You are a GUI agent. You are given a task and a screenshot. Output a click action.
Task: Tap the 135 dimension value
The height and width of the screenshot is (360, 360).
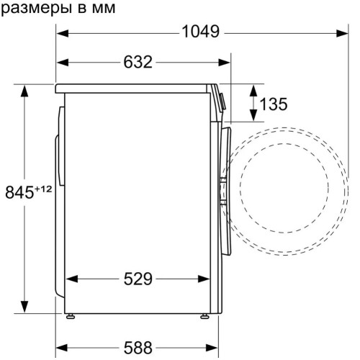click(x=273, y=104)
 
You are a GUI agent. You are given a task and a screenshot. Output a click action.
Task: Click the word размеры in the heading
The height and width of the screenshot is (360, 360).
click(x=32, y=8)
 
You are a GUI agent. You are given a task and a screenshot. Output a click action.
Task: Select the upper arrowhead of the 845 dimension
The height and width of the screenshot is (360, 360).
click(x=24, y=90)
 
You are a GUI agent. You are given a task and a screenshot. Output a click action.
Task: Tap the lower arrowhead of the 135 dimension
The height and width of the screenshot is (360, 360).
click(x=253, y=117)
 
